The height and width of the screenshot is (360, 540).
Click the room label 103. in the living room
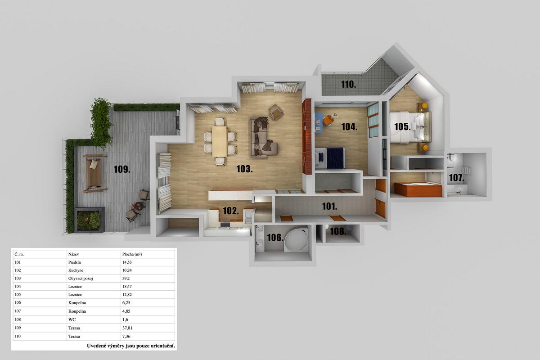[244, 169]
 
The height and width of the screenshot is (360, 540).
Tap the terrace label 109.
[122, 169]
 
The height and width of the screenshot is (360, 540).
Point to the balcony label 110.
[348, 85]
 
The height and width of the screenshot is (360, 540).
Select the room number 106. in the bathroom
[275, 238]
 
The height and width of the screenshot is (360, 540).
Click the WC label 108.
[338, 231]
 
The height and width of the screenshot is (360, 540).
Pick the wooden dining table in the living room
[219, 141]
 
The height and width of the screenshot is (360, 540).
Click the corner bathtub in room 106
[296, 240]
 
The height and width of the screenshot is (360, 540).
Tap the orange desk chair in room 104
[328, 120]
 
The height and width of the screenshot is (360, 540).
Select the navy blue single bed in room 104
[330, 158]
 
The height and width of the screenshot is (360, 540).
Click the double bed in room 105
[410, 127]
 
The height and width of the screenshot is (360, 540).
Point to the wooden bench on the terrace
[94, 173]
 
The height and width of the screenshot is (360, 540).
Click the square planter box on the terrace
[90, 220]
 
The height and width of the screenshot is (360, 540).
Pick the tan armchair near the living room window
[276, 112]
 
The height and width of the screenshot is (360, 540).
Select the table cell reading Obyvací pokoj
[81, 278]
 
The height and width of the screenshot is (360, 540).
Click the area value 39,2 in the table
[126, 278]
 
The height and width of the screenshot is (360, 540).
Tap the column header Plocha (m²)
[132, 254]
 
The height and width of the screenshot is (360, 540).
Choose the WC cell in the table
[72, 319]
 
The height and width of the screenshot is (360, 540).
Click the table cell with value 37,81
[127, 328]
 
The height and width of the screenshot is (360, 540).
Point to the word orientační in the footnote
[163, 346]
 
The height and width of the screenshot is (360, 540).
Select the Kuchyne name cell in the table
[76, 270]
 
